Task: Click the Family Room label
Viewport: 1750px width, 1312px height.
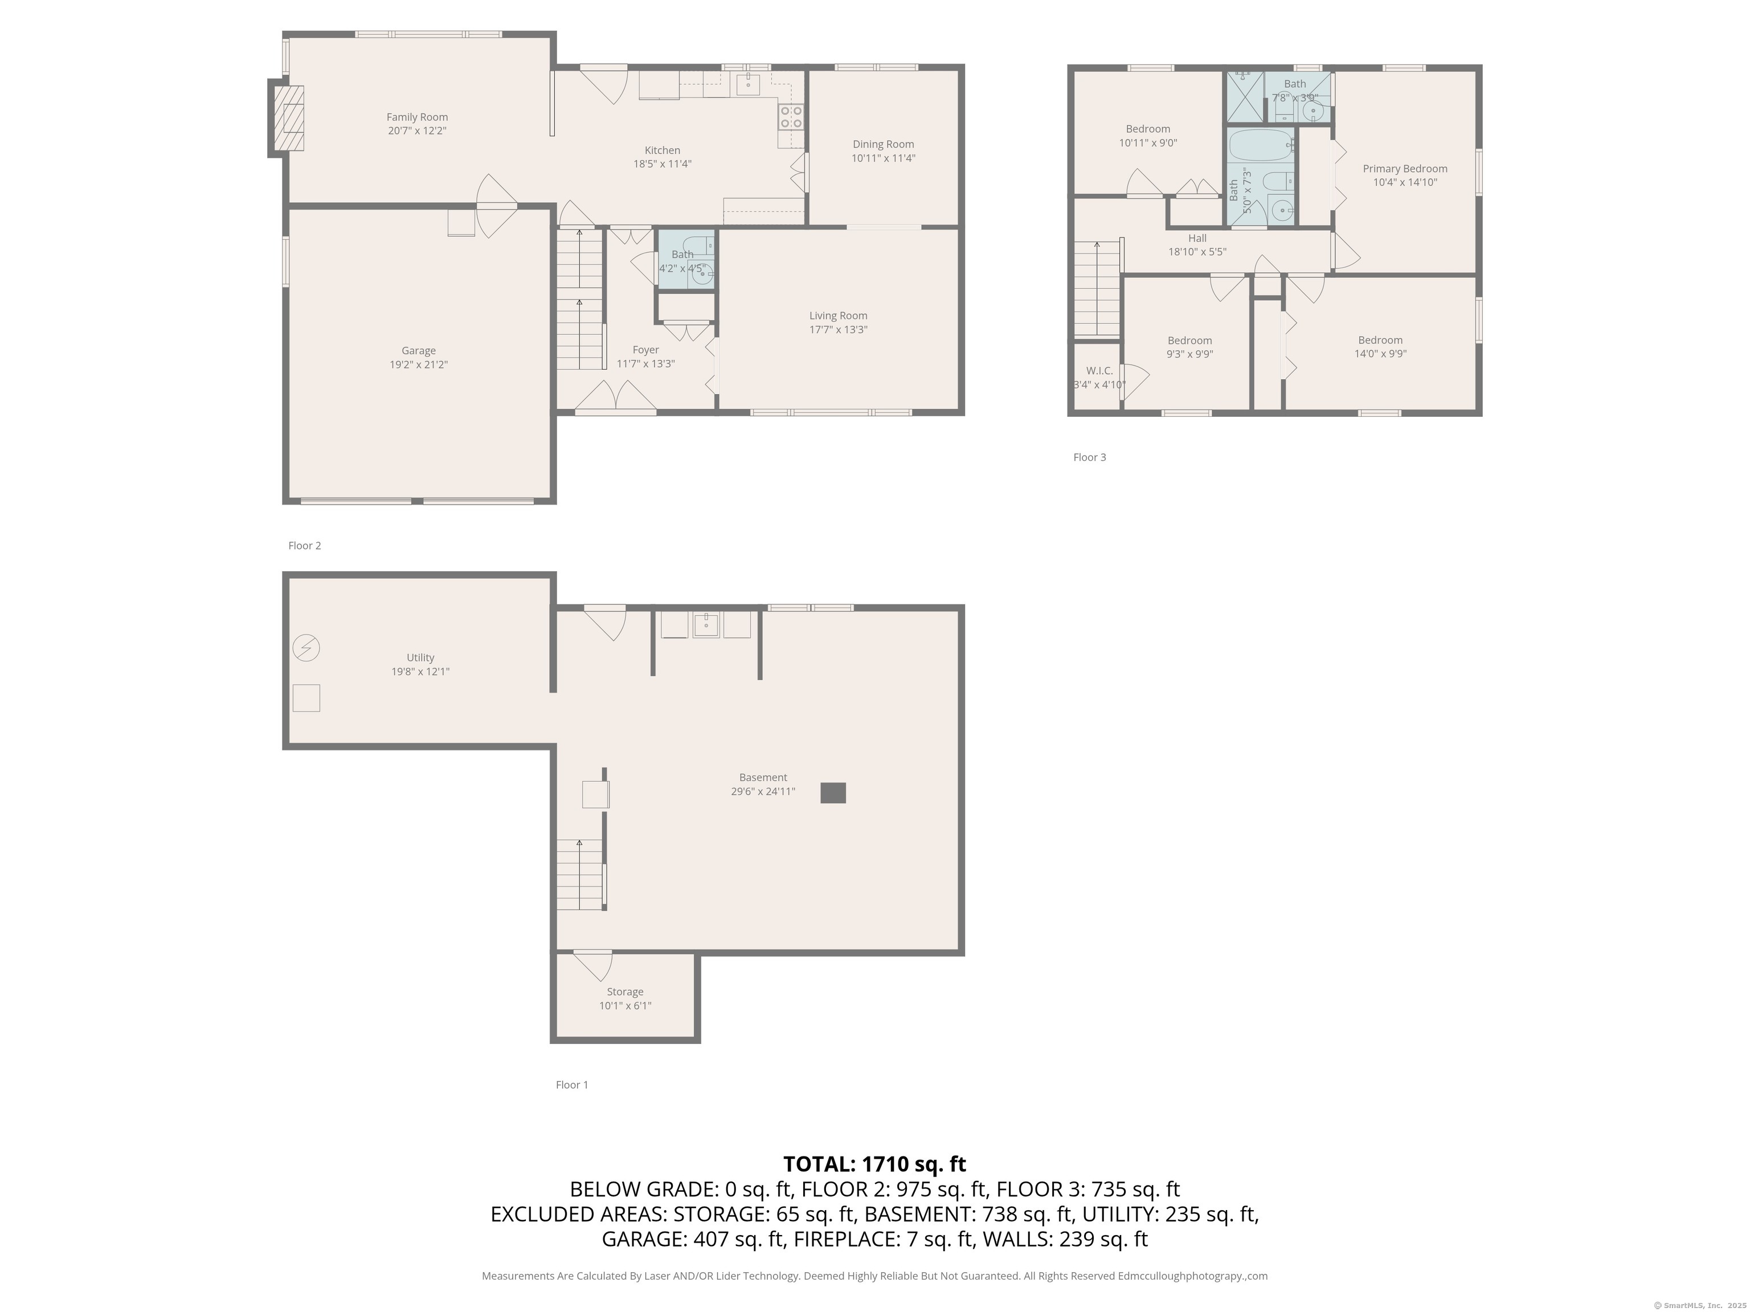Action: pyautogui.click(x=417, y=117)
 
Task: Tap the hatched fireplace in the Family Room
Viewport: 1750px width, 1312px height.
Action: pyautogui.click(x=289, y=118)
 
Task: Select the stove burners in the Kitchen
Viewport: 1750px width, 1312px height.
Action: pyautogui.click(x=791, y=117)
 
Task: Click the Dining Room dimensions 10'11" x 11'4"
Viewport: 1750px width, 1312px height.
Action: pyautogui.click(x=883, y=158)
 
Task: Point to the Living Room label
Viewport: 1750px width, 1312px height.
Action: pyautogui.click(x=838, y=315)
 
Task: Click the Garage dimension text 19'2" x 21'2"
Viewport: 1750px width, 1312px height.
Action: pyautogui.click(x=419, y=364)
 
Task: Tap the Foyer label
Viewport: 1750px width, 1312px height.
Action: pyautogui.click(x=645, y=350)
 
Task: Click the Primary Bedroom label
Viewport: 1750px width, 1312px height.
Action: pyautogui.click(x=1404, y=169)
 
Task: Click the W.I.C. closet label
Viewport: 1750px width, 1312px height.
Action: pyautogui.click(x=1099, y=370)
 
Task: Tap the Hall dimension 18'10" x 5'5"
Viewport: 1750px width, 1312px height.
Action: pyautogui.click(x=1197, y=252)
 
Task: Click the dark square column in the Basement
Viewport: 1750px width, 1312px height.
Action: pyautogui.click(x=832, y=793)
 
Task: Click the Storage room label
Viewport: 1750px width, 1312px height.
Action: pyautogui.click(x=624, y=992)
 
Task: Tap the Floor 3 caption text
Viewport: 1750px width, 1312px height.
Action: pyautogui.click(x=1089, y=457)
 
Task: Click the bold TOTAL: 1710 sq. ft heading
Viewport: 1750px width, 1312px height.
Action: pyautogui.click(x=874, y=1164)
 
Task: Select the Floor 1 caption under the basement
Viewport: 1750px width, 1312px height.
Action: pyautogui.click(x=571, y=1085)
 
